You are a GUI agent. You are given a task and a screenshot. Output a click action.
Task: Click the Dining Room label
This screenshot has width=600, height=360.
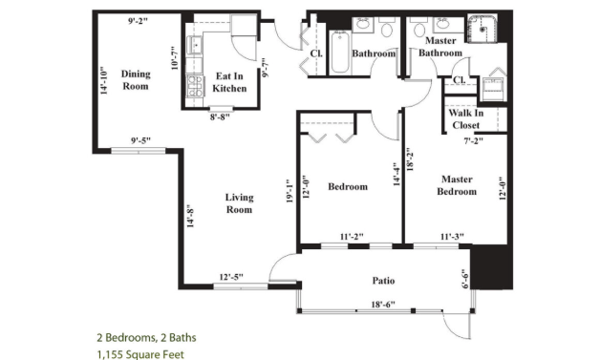click(136, 80)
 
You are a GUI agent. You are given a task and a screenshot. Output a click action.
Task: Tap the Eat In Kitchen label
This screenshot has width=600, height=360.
click(229, 82)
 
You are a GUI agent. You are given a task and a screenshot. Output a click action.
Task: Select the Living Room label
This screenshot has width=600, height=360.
click(239, 203)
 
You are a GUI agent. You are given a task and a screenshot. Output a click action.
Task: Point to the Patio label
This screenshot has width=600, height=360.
click(383, 281)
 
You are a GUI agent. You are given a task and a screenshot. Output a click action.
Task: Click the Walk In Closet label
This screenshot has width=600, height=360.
click(466, 119)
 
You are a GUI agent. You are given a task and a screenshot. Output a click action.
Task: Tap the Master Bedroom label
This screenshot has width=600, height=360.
click(457, 185)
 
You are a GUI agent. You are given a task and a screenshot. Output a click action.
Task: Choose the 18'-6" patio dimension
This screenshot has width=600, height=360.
click(383, 305)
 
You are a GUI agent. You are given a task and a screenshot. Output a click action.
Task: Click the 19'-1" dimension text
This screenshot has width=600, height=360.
click(289, 191)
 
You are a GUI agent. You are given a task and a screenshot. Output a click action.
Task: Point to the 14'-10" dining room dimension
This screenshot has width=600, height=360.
click(104, 81)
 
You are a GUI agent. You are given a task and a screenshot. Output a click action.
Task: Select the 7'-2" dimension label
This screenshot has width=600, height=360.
click(474, 140)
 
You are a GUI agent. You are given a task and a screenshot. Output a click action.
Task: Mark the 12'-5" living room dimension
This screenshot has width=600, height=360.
click(231, 277)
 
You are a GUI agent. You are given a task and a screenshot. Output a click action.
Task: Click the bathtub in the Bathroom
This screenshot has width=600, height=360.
click(340, 52)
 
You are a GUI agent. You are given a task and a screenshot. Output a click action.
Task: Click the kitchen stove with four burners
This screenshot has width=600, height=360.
click(195, 86)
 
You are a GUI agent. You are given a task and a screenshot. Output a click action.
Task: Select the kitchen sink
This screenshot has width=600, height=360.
click(194, 45)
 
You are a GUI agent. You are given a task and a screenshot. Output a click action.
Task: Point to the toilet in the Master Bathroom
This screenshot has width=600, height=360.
click(419, 28)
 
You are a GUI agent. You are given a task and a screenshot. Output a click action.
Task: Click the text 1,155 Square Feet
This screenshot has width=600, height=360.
click(140, 354)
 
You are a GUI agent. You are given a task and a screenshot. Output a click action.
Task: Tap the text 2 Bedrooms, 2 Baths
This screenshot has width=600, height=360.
click(146, 337)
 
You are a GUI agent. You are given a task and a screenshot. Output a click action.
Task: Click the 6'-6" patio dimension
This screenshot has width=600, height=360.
click(465, 278)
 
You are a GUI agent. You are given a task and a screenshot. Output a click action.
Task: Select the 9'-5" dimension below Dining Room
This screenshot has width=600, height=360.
click(140, 140)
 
